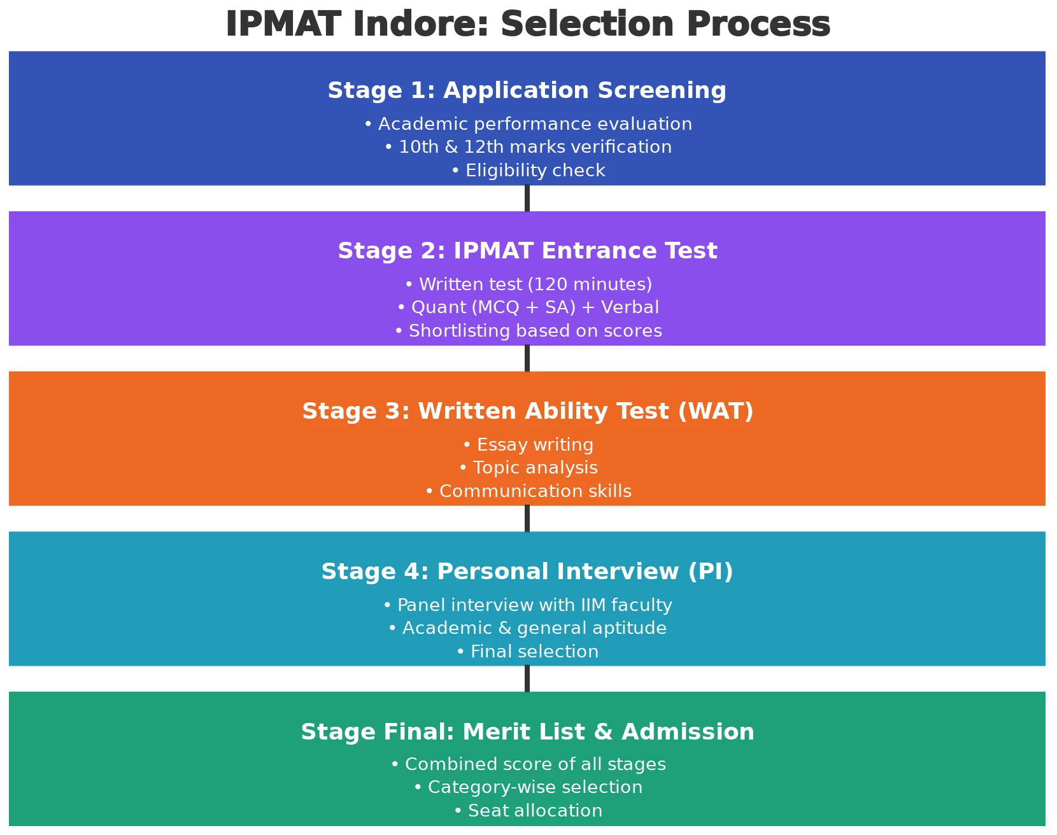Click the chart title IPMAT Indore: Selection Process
(x=527, y=25)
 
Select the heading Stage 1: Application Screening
(x=527, y=90)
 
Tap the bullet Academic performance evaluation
(x=528, y=124)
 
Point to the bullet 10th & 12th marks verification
(x=528, y=147)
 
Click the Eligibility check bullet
(x=528, y=171)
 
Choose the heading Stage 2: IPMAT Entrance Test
(x=527, y=251)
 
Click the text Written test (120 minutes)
(x=528, y=284)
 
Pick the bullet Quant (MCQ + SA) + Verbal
(x=528, y=307)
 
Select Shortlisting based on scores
(x=528, y=331)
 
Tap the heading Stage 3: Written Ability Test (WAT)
(x=527, y=411)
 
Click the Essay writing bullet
(x=528, y=445)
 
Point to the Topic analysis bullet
(x=528, y=468)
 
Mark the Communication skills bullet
(x=528, y=491)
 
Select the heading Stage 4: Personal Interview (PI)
(x=527, y=572)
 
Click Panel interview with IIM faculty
(x=528, y=605)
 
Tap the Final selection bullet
(x=528, y=652)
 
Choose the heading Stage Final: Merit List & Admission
(x=527, y=732)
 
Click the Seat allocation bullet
(x=528, y=811)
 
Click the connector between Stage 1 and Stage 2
(x=527, y=199)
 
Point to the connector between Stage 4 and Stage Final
(x=527, y=679)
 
